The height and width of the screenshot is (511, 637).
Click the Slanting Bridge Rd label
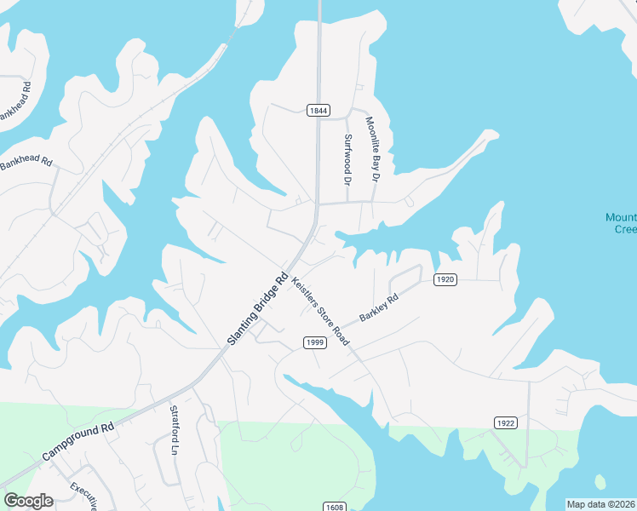pos(258,308)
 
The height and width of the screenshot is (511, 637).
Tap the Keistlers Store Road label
pos(320,311)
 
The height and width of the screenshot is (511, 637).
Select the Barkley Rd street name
pos(379,307)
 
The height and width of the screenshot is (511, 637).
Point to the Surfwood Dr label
pos(347,159)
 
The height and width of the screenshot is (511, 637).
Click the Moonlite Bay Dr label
pos(371,150)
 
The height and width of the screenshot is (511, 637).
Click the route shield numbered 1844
pos(318,110)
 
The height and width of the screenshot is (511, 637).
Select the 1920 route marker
pos(445,279)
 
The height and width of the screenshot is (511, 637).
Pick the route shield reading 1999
pos(315,342)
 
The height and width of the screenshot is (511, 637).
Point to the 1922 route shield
pos(505,422)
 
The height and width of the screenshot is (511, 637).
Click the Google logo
pos(28,501)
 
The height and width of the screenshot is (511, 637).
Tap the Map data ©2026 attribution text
pos(600,504)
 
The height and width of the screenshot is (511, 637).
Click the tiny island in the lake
pos(600,482)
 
